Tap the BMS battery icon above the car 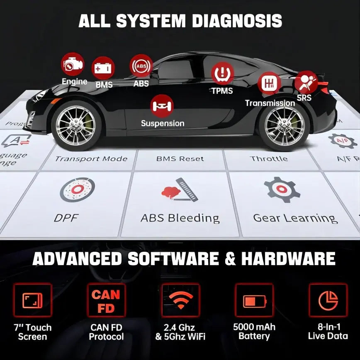pyautogui.click(x=102, y=68)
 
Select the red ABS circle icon pyautogui.click(x=141, y=66)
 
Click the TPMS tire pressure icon pyautogui.click(x=222, y=73)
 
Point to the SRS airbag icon pyautogui.click(x=306, y=82)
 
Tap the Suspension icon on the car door pyautogui.click(x=162, y=106)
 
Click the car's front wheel pyautogui.click(x=76, y=126)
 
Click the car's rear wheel pyautogui.click(x=284, y=126)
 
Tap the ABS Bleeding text pyautogui.click(x=180, y=218)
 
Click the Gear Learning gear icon pyautogui.click(x=282, y=189)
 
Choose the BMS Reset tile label pyautogui.click(x=180, y=159)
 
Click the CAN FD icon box pyautogui.click(x=106, y=300)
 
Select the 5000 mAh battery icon pyautogui.click(x=254, y=300)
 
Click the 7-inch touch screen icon pyautogui.click(x=32, y=300)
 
